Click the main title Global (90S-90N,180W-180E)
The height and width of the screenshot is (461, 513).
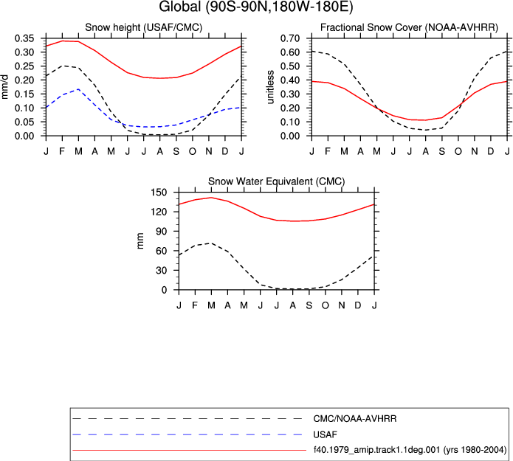tap(256, 7)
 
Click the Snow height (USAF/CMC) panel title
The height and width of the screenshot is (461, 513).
tap(144, 27)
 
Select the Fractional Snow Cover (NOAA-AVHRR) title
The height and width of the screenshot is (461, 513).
tap(409, 27)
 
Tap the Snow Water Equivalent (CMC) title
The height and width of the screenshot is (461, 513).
tap(277, 181)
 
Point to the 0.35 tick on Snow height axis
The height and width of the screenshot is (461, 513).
tap(24, 38)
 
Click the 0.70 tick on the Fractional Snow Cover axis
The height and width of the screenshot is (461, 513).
tap(290, 38)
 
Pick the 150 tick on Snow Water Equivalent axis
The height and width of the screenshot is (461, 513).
tap(159, 193)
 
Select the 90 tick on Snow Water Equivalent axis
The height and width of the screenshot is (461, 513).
tap(162, 231)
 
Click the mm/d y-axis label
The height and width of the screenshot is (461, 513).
tap(4, 87)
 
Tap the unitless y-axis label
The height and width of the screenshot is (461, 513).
tap(270, 87)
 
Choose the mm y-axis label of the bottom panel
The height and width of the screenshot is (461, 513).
tap(140, 241)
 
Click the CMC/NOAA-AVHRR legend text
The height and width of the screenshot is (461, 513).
tap(355, 418)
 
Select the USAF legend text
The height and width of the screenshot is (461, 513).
tap(325, 434)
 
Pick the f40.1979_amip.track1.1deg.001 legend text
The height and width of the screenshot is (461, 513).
tap(376, 450)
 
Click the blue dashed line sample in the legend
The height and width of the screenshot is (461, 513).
tap(187, 434)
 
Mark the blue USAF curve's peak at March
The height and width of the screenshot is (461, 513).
tap(78, 89)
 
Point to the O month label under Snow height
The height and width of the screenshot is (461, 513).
tap(193, 151)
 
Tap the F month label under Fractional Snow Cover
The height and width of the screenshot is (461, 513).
tap(328, 151)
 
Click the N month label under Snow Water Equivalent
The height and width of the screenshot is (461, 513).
tap(342, 305)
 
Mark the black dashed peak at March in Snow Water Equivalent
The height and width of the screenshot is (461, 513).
tap(211, 243)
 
